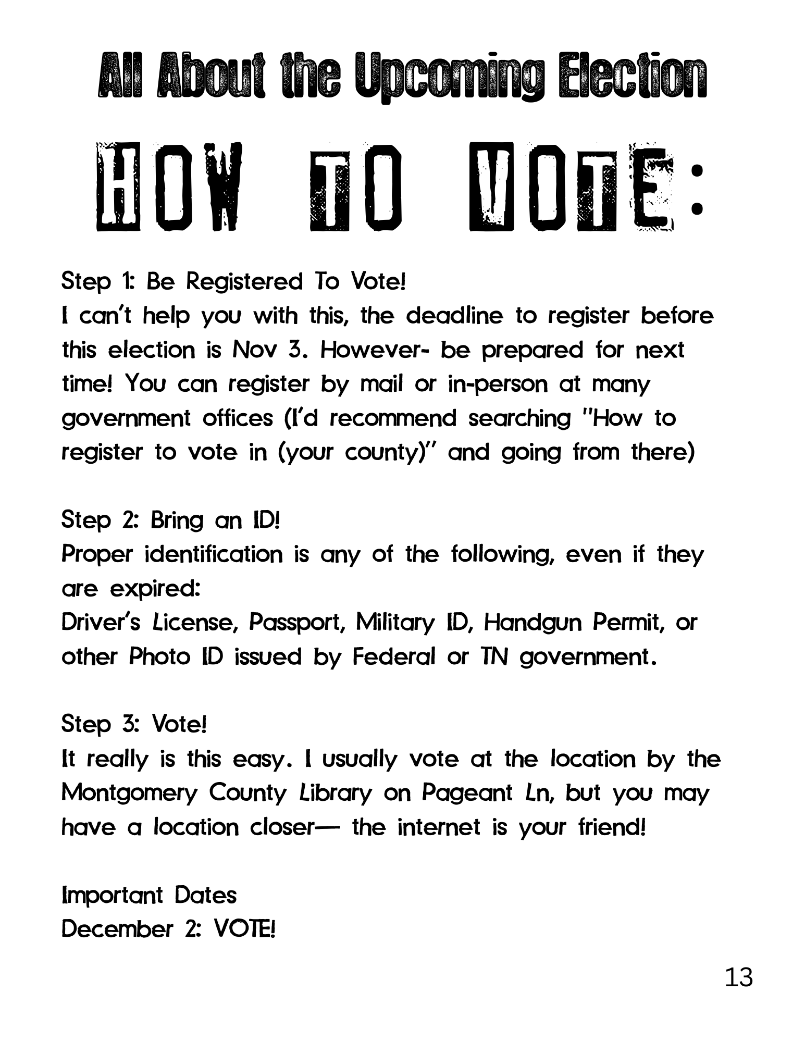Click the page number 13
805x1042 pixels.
[738, 977]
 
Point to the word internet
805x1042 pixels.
[439, 827]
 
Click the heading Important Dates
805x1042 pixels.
[149, 895]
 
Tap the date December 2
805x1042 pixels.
[125, 929]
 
